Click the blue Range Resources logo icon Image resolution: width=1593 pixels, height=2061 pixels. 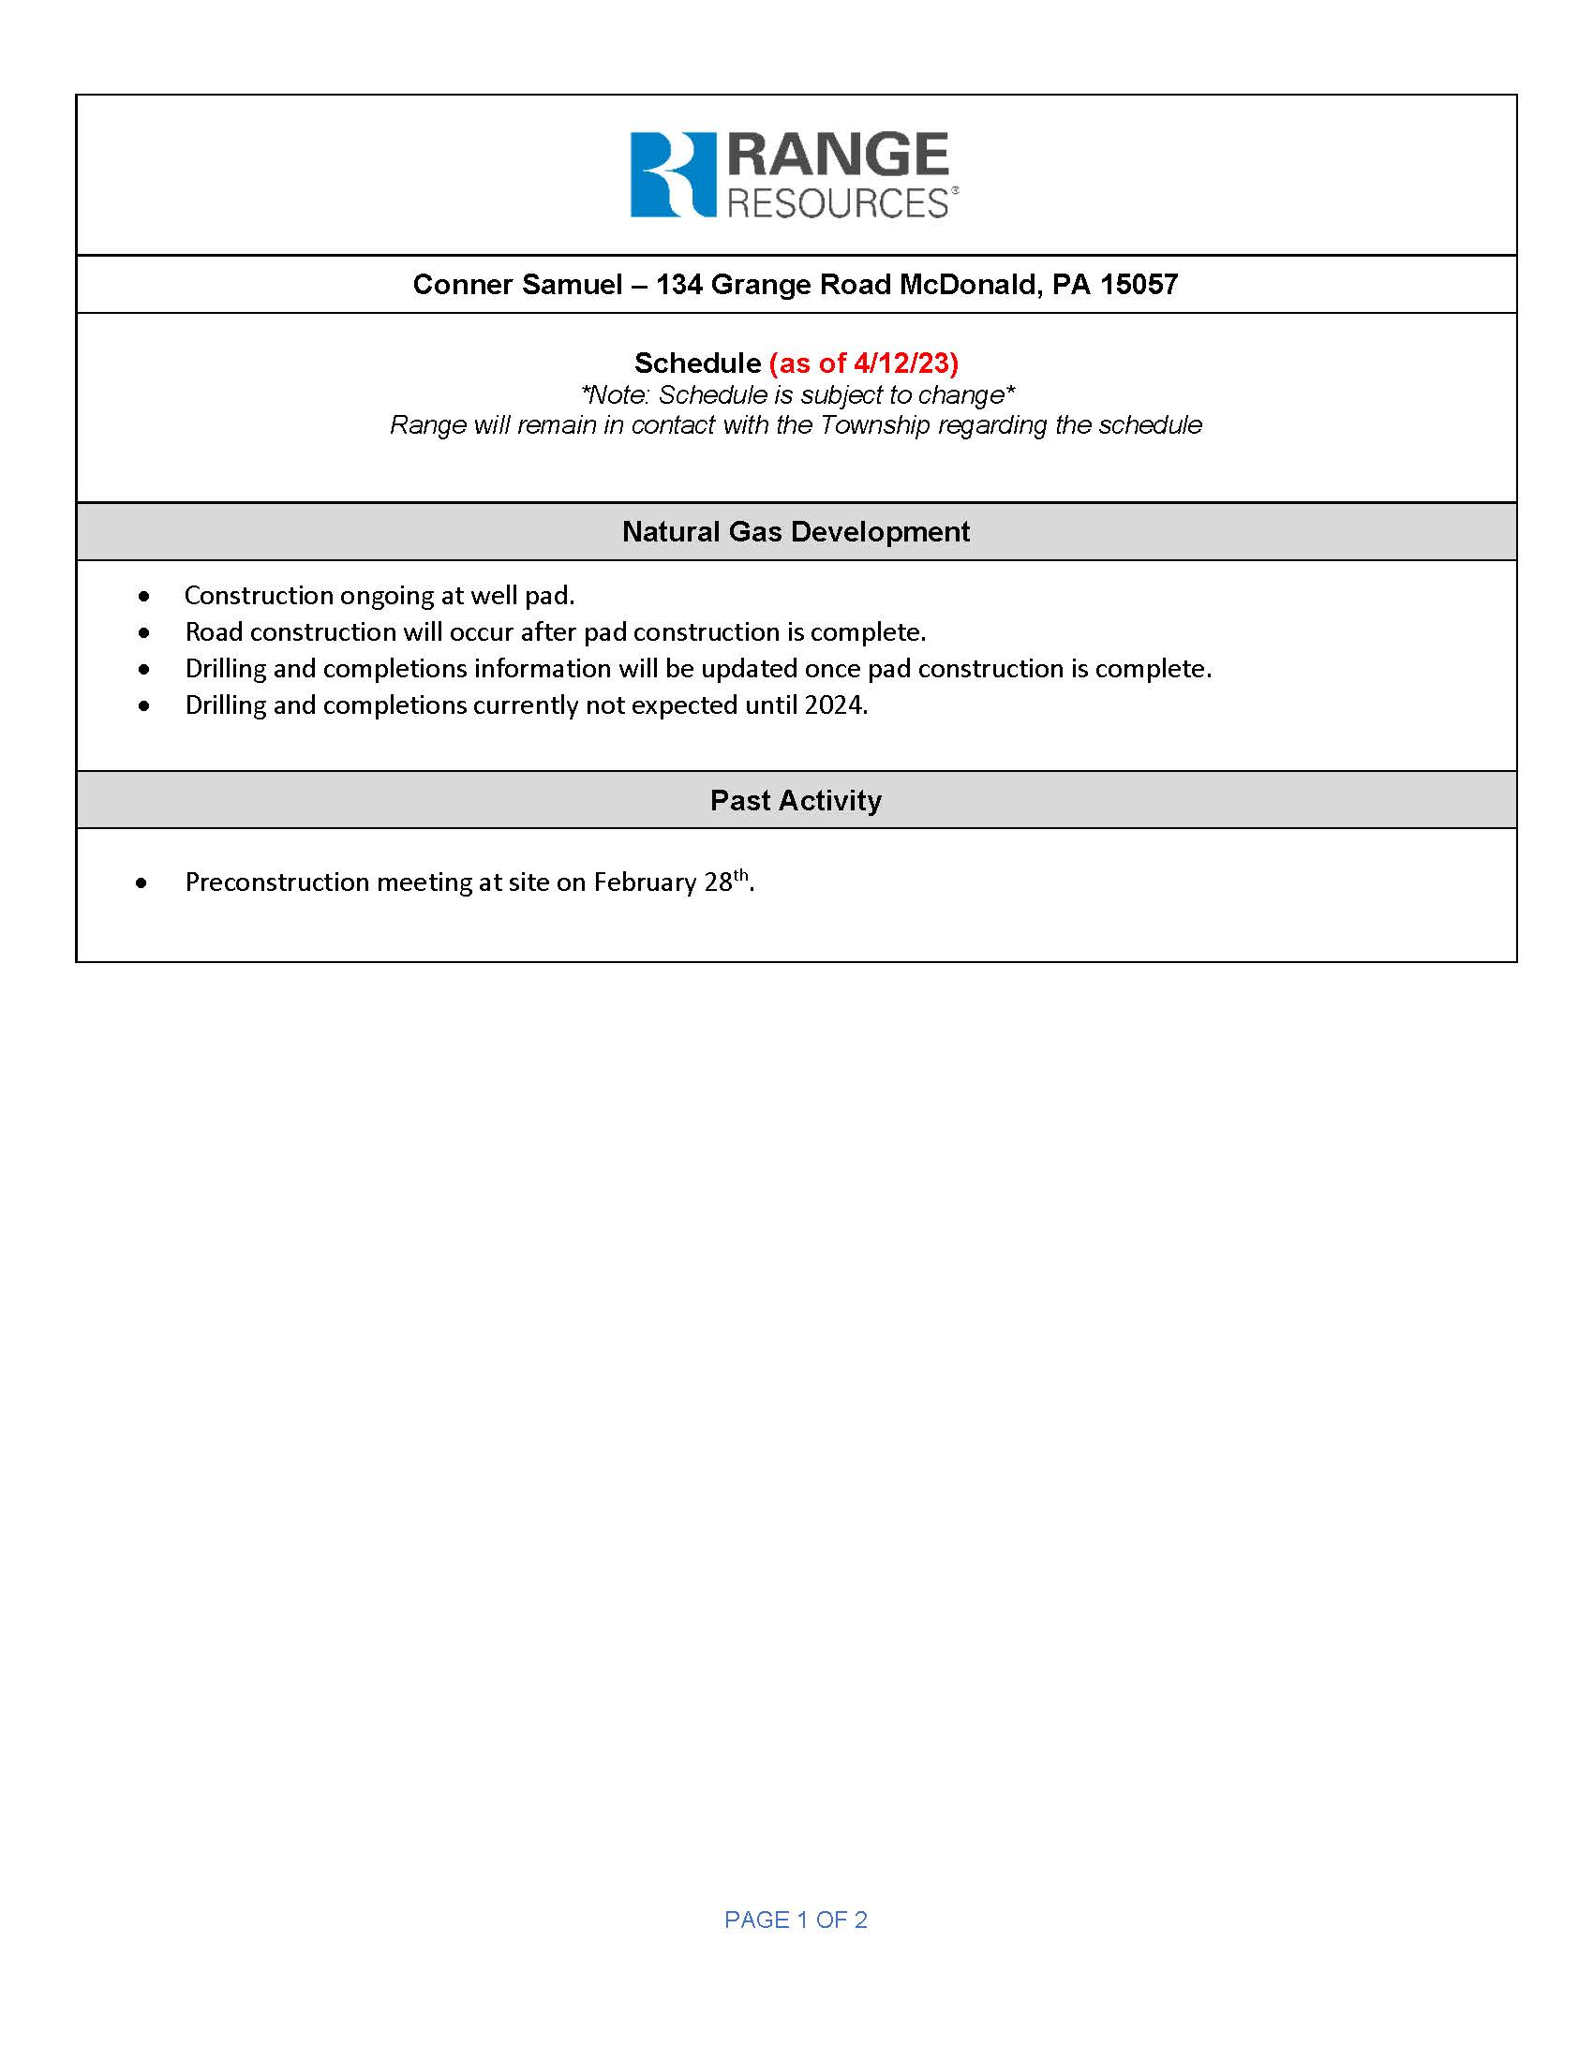coord(672,174)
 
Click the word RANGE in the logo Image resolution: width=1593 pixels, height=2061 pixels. coord(838,156)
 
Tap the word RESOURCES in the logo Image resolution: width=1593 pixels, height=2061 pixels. coord(837,203)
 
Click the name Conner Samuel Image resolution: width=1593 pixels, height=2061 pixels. coord(517,284)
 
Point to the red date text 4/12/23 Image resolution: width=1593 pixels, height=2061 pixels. coord(903,363)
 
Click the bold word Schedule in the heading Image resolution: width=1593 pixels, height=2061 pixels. coord(697,363)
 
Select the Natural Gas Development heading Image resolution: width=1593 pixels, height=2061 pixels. coord(796,531)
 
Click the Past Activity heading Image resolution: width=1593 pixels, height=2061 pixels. coord(796,800)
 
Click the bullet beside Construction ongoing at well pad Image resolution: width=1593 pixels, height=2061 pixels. coord(143,597)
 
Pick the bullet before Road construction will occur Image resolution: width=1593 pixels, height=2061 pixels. coord(143,633)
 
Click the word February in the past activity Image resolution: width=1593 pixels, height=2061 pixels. coord(645,882)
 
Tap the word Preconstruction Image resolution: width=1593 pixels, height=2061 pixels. coord(277,882)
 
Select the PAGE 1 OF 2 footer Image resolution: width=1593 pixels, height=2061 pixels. coord(796,1920)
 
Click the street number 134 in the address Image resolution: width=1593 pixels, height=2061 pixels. coord(678,284)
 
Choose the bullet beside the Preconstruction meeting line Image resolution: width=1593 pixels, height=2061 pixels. coord(141,883)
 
